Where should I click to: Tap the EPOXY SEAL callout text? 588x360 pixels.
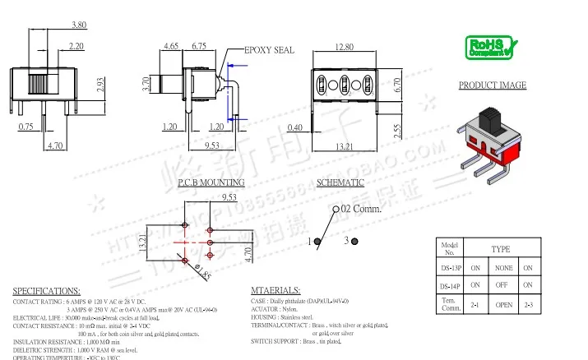click(x=270, y=50)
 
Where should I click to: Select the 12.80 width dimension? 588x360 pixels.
click(x=344, y=47)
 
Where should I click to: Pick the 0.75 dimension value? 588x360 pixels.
click(x=25, y=127)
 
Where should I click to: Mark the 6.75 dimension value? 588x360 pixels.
click(x=198, y=47)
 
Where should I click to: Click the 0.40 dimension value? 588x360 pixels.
click(x=294, y=127)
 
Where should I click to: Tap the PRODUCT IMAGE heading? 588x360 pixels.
click(x=493, y=85)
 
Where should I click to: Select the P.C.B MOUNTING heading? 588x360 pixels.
click(x=211, y=182)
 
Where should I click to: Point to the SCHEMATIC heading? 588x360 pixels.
click(x=340, y=182)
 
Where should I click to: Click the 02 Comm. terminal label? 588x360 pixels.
click(x=362, y=209)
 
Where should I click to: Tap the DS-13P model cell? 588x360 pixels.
click(x=451, y=268)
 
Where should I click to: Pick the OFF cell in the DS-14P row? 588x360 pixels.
click(x=499, y=285)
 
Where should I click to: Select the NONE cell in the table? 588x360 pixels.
click(x=499, y=268)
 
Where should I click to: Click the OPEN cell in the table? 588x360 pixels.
click(x=499, y=305)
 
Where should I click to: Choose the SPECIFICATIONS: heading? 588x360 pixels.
click(x=47, y=291)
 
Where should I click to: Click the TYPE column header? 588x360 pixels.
click(x=500, y=248)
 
